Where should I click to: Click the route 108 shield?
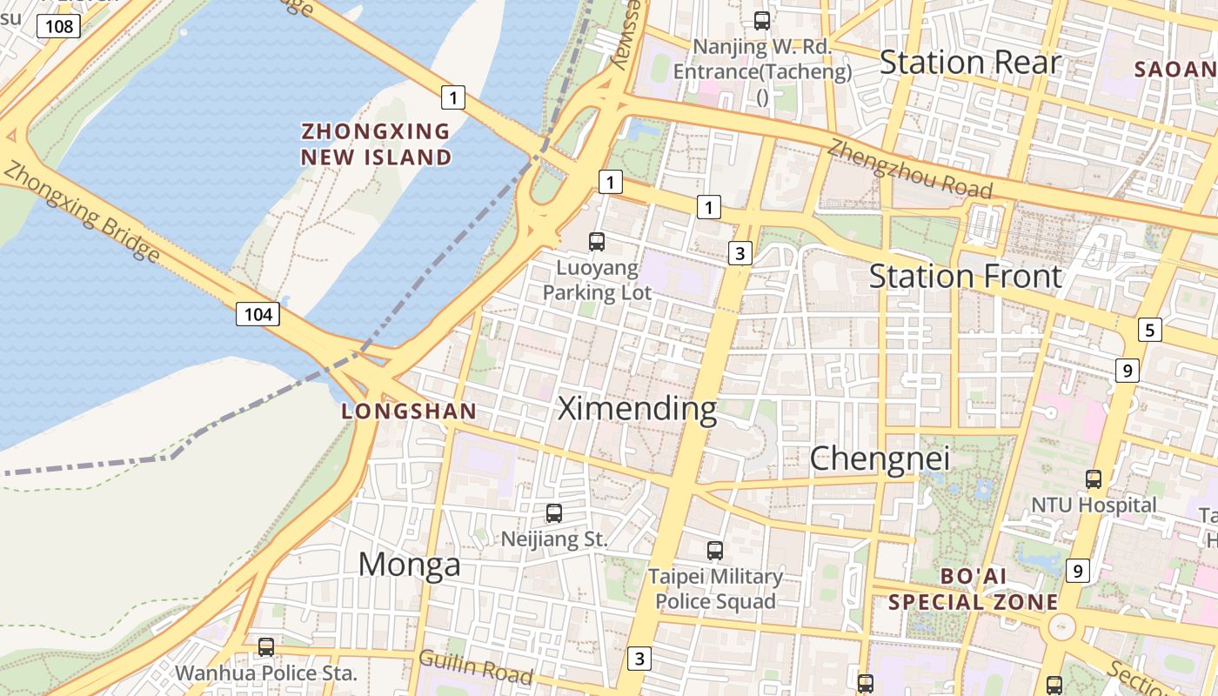tap(59, 26)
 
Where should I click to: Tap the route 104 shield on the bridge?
tap(258, 313)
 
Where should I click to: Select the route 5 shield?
tap(1150, 330)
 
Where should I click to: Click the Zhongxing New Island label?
tap(376, 144)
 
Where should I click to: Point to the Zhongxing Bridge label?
tap(82, 211)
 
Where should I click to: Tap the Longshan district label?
tap(409, 412)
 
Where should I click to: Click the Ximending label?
tap(637, 408)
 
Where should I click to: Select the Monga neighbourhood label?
tap(409, 565)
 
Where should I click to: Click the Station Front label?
tap(966, 277)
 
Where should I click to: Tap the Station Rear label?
tap(970, 63)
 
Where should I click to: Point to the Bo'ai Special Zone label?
tap(973, 589)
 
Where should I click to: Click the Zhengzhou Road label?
tap(909, 168)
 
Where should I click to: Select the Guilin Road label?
tap(476, 666)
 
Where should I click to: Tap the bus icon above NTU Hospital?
tap(1094, 478)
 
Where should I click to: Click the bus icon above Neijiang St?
tap(554, 513)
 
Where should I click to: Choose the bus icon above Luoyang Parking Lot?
tap(597, 242)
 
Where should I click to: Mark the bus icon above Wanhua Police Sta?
tap(266, 647)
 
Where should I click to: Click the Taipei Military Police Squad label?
tap(715, 588)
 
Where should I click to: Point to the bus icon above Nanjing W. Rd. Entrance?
tap(762, 20)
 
